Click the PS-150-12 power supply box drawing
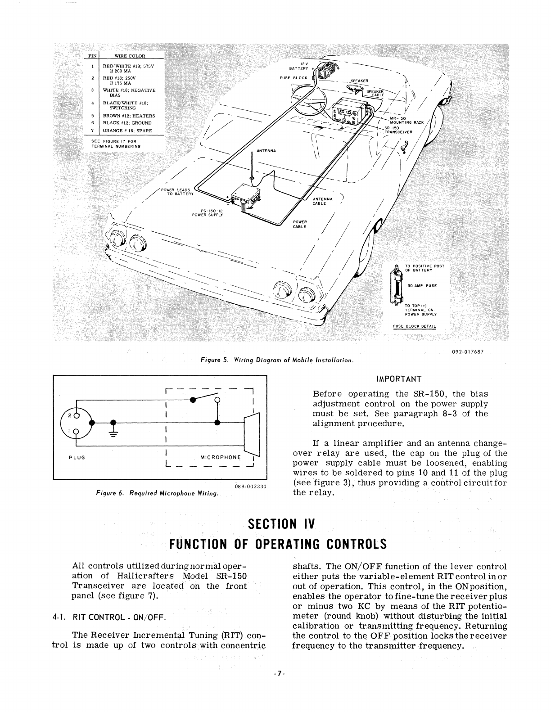(x=245, y=198)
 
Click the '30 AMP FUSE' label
(x=422, y=285)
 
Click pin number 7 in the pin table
(x=92, y=131)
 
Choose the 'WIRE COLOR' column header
(x=130, y=56)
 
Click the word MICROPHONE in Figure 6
(x=221, y=457)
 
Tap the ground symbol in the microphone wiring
(x=113, y=433)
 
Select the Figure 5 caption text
(x=277, y=360)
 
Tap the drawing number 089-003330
(x=251, y=486)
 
